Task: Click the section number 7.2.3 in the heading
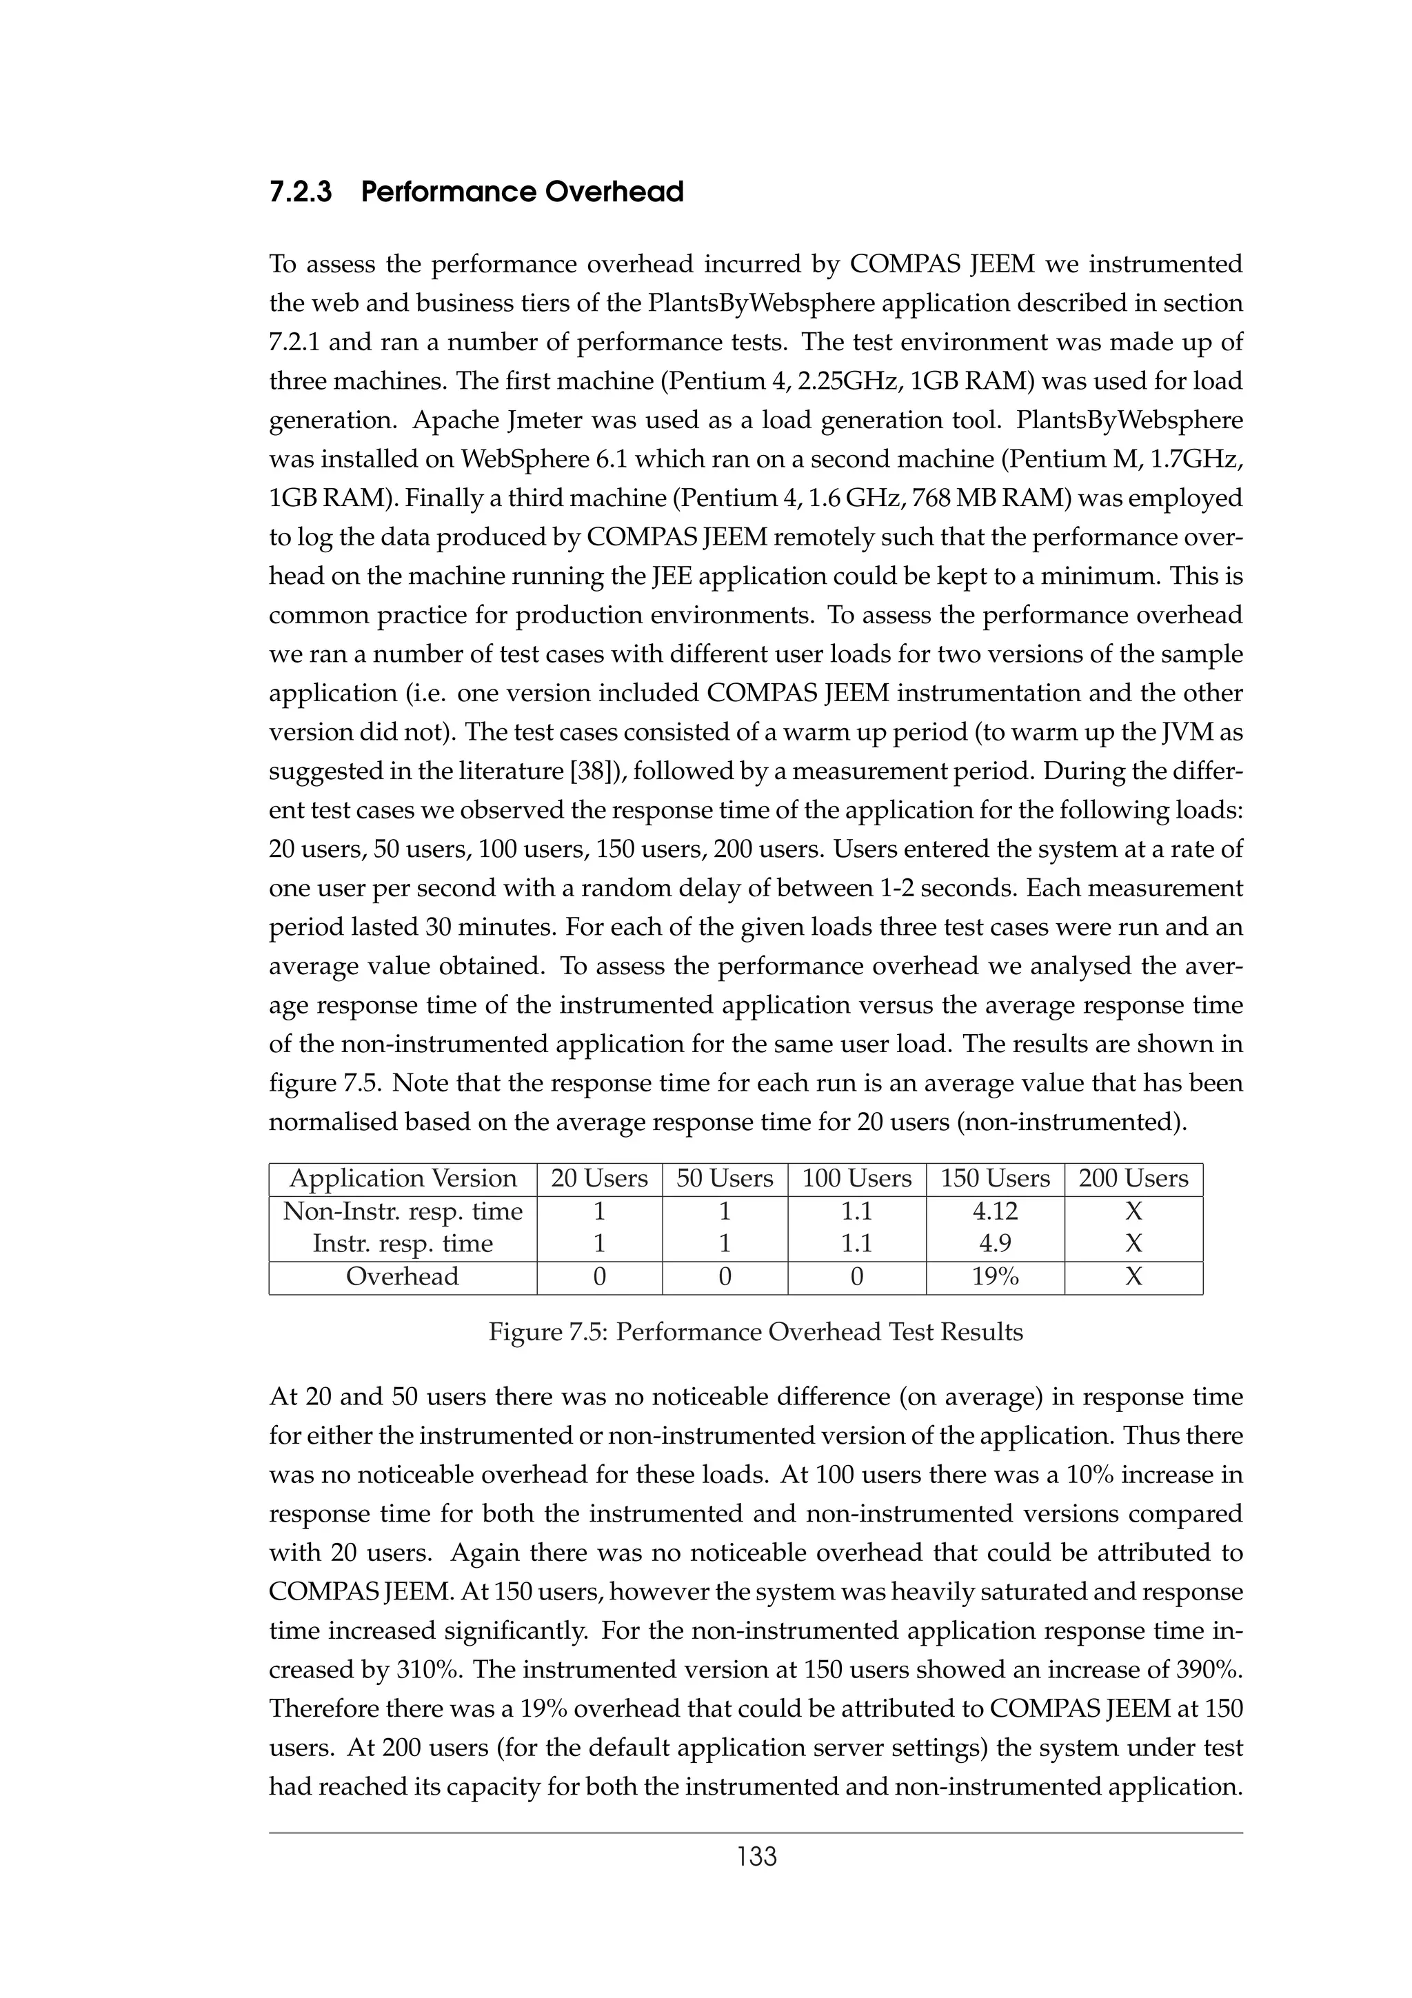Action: click(300, 192)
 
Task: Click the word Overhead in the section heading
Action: click(614, 192)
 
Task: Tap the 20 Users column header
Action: click(598, 1178)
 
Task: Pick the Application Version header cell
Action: click(403, 1178)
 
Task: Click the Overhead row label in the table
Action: click(402, 1277)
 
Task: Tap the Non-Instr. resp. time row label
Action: click(403, 1211)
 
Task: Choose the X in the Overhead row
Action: click(1133, 1277)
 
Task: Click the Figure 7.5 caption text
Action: click(755, 1332)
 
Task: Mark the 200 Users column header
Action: click(1133, 1178)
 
